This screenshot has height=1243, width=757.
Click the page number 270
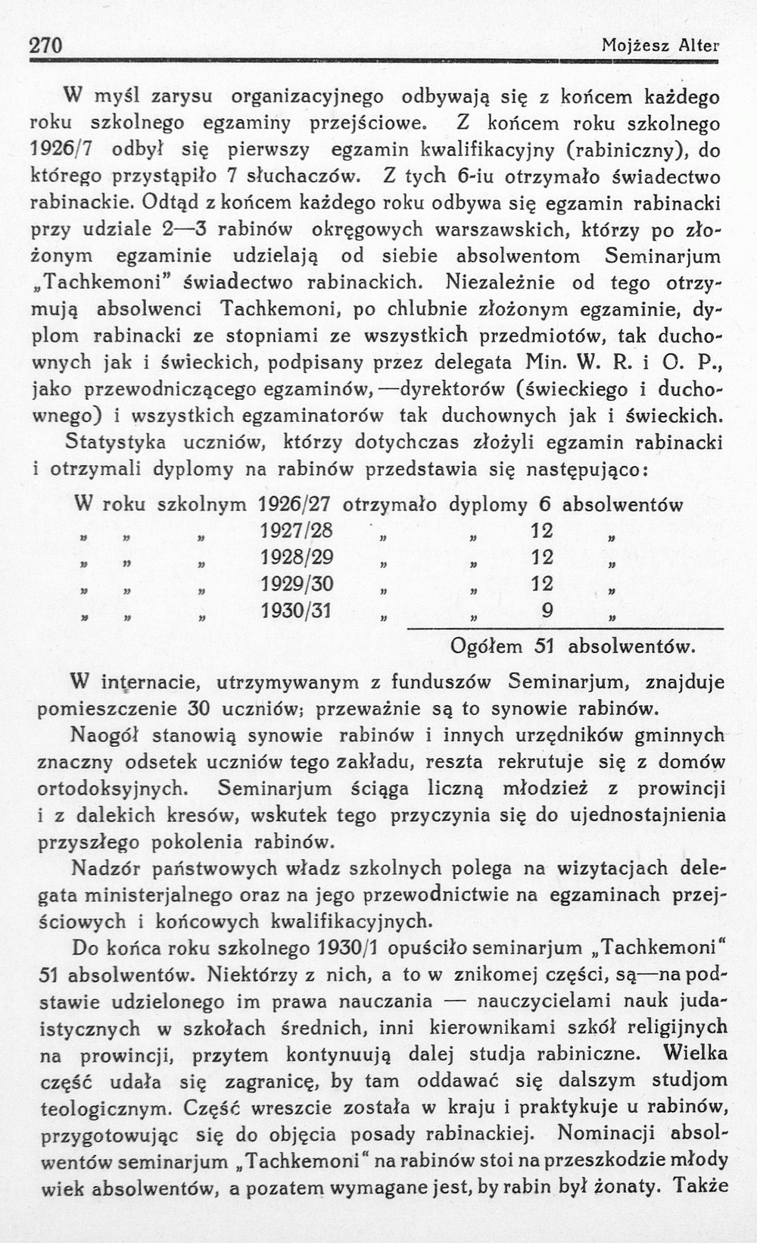(45, 45)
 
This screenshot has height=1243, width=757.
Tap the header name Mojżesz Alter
(660, 45)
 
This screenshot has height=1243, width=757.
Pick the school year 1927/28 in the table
(297, 530)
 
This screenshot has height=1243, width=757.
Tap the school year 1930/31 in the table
(297, 611)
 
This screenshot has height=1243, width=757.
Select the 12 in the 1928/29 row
(542, 557)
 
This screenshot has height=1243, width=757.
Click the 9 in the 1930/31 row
(547, 611)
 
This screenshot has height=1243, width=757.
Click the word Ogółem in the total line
(487, 647)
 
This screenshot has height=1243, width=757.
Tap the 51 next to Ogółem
(545, 647)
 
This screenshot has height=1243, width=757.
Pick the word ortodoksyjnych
(111, 789)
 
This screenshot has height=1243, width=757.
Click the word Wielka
(695, 1054)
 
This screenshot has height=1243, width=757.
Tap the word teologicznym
(105, 1108)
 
